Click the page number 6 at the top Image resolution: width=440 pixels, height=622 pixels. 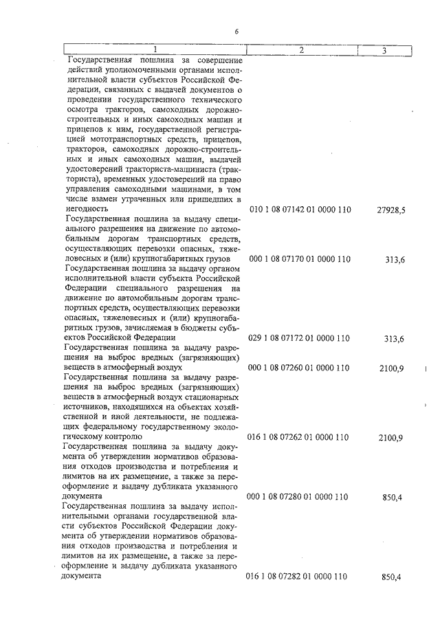(236, 32)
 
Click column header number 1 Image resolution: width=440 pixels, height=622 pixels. (155, 50)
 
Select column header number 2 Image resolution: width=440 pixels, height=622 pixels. (301, 50)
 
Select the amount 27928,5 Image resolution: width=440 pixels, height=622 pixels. (391, 210)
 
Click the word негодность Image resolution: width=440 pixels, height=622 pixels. (88, 209)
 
